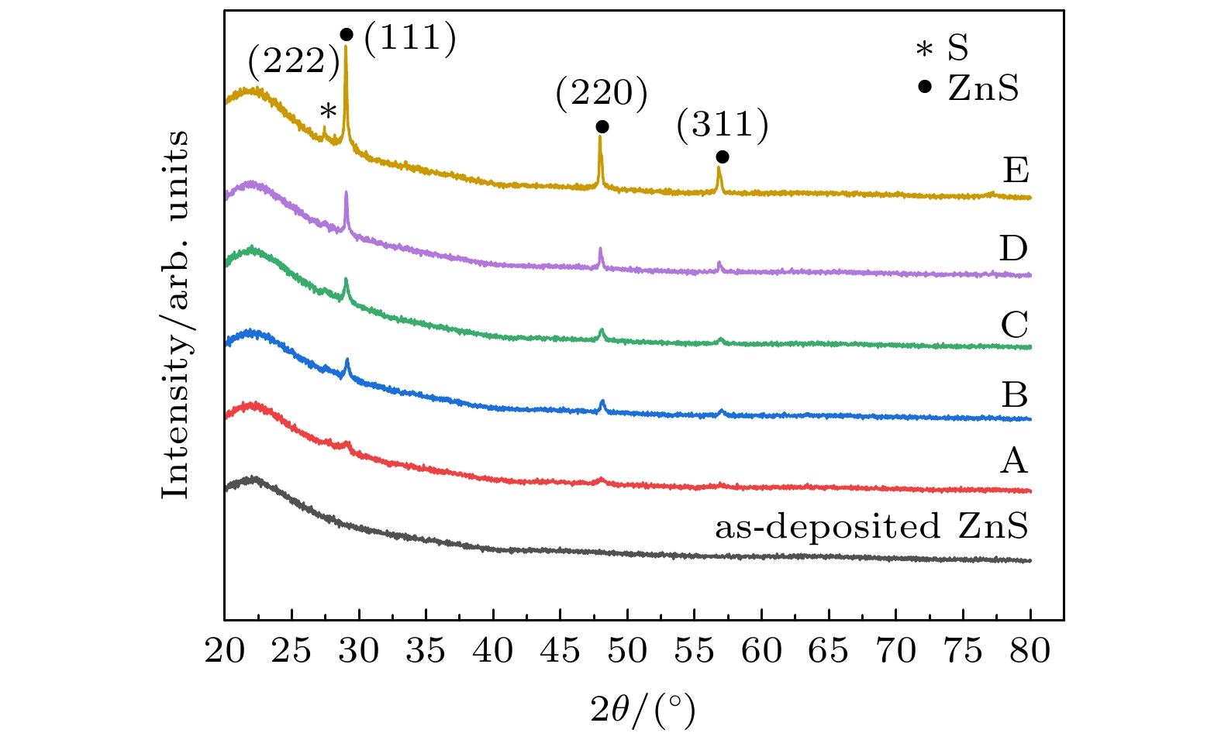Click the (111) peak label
tap(410, 37)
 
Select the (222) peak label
tap(294, 61)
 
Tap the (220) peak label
tap(601, 94)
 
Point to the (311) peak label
tap(723, 124)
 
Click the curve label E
tap(1015, 170)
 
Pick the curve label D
tap(1013, 249)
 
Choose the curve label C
tap(1014, 325)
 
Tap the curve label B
tap(1014, 395)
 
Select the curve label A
tap(1014, 462)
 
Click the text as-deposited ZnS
tap(871, 527)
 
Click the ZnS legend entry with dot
tap(968, 88)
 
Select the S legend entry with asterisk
tap(943, 50)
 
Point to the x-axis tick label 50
tap(627, 651)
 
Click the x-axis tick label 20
tap(224, 651)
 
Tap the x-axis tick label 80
tap(1030, 651)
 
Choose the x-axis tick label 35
tap(426, 651)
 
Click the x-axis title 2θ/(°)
tap(643, 709)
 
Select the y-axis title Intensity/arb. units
tap(176, 314)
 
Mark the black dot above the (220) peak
tap(602, 126)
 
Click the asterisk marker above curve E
tap(328, 112)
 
